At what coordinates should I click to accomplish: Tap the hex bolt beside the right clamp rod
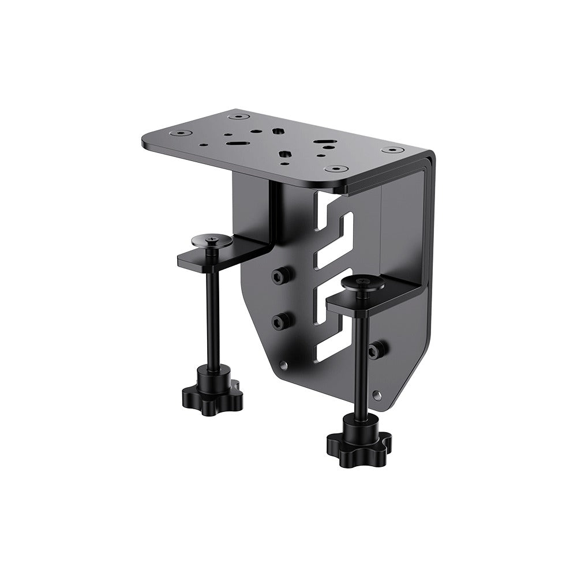(x=378, y=350)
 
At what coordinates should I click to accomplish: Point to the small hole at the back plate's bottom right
(x=377, y=395)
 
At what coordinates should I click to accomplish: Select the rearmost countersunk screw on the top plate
(x=235, y=117)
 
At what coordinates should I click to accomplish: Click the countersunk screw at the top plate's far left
(x=183, y=134)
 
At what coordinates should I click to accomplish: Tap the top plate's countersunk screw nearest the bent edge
(x=392, y=150)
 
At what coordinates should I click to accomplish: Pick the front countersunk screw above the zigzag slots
(x=335, y=169)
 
